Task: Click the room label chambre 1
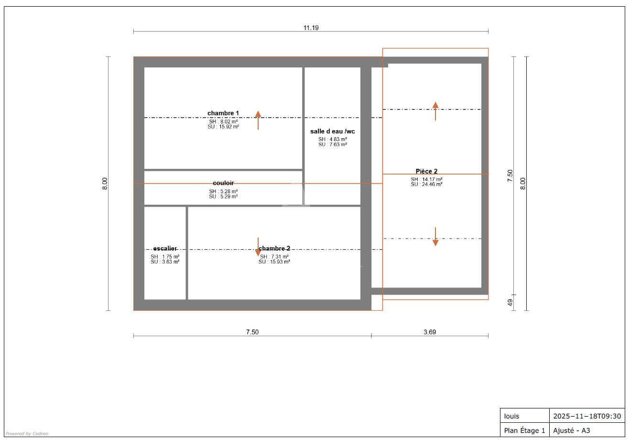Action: tap(223, 113)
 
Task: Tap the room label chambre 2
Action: tap(274, 248)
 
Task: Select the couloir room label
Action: tap(223, 183)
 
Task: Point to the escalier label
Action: tap(165, 248)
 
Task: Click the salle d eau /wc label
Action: tap(332, 132)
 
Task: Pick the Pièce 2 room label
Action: tap(426, 171)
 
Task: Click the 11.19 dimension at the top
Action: tap(311, 28)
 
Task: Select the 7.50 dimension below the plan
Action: tap(252, 332)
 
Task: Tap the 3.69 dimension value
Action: tap(430, 332)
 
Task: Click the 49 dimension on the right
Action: tap(510, 303)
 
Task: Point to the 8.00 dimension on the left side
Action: tap(105, 184)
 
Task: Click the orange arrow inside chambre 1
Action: tap(258, 120)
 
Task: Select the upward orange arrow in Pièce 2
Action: tap(435, 111)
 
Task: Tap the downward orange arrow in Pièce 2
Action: tap(435, 237)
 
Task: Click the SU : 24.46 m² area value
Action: tap(426, 184)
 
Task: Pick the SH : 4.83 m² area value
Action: tap(332, 139)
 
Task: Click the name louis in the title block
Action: tap(511, 416)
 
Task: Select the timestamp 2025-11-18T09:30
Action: tap(587, 416)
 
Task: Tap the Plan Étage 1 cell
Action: tap(524, 430)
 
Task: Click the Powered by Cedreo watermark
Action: tap(27, 433)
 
